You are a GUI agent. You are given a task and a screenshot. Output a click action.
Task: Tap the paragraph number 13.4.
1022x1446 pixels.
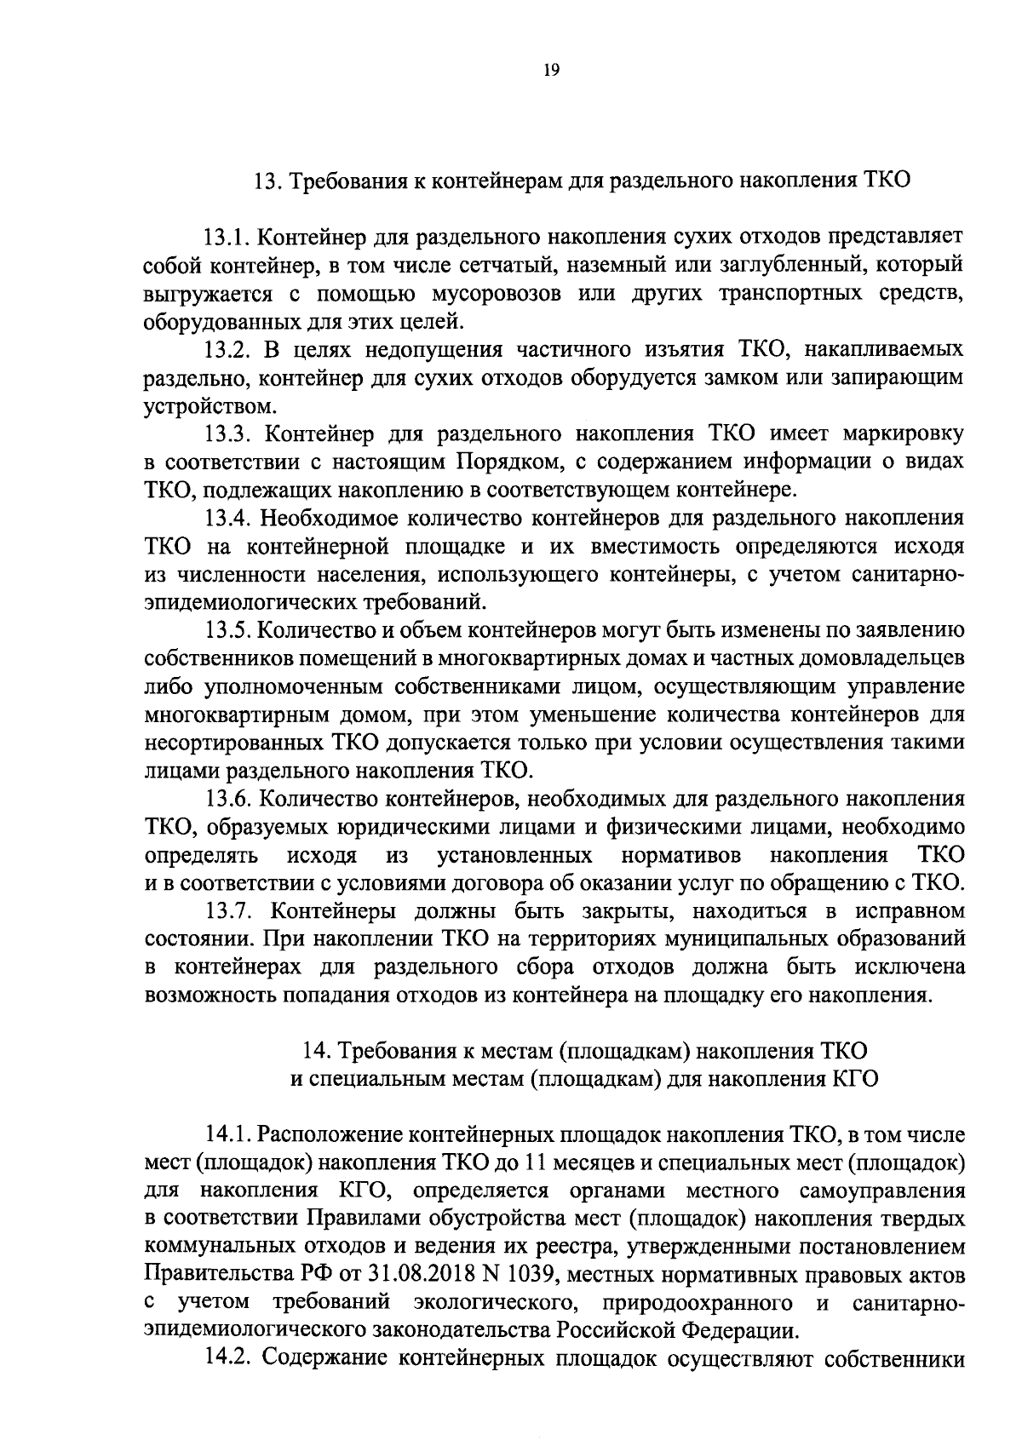coord(226,518)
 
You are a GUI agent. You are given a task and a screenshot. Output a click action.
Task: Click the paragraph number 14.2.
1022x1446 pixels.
coord(227,1357)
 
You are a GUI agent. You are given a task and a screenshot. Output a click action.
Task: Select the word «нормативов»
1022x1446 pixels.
coord(680,854)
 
